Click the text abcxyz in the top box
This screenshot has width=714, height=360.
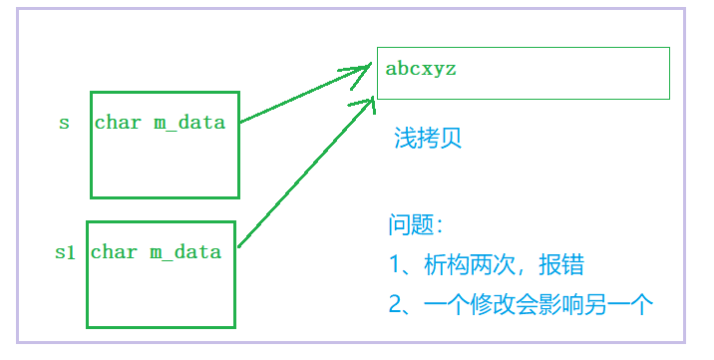421,70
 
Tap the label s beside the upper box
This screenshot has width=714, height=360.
65,123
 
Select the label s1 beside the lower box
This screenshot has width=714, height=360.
65,252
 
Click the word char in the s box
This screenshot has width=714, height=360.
118,123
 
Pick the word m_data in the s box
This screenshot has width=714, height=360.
189,123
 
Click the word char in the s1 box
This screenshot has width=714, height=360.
114,251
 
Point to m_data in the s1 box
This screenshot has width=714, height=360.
185,251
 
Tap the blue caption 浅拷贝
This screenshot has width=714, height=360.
428,139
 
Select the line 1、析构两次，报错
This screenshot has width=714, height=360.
486,265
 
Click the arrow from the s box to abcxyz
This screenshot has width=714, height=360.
299,96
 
